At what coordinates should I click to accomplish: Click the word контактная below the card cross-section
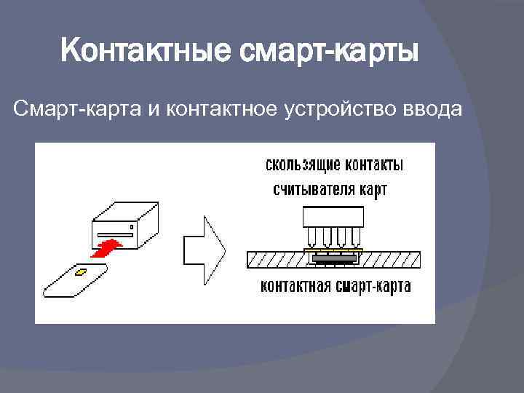coord(296,286)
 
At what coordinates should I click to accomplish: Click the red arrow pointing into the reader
coord(107,247)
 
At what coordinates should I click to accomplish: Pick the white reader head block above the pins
coord(332,216)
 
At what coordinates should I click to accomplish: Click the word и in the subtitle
coord(154,109)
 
